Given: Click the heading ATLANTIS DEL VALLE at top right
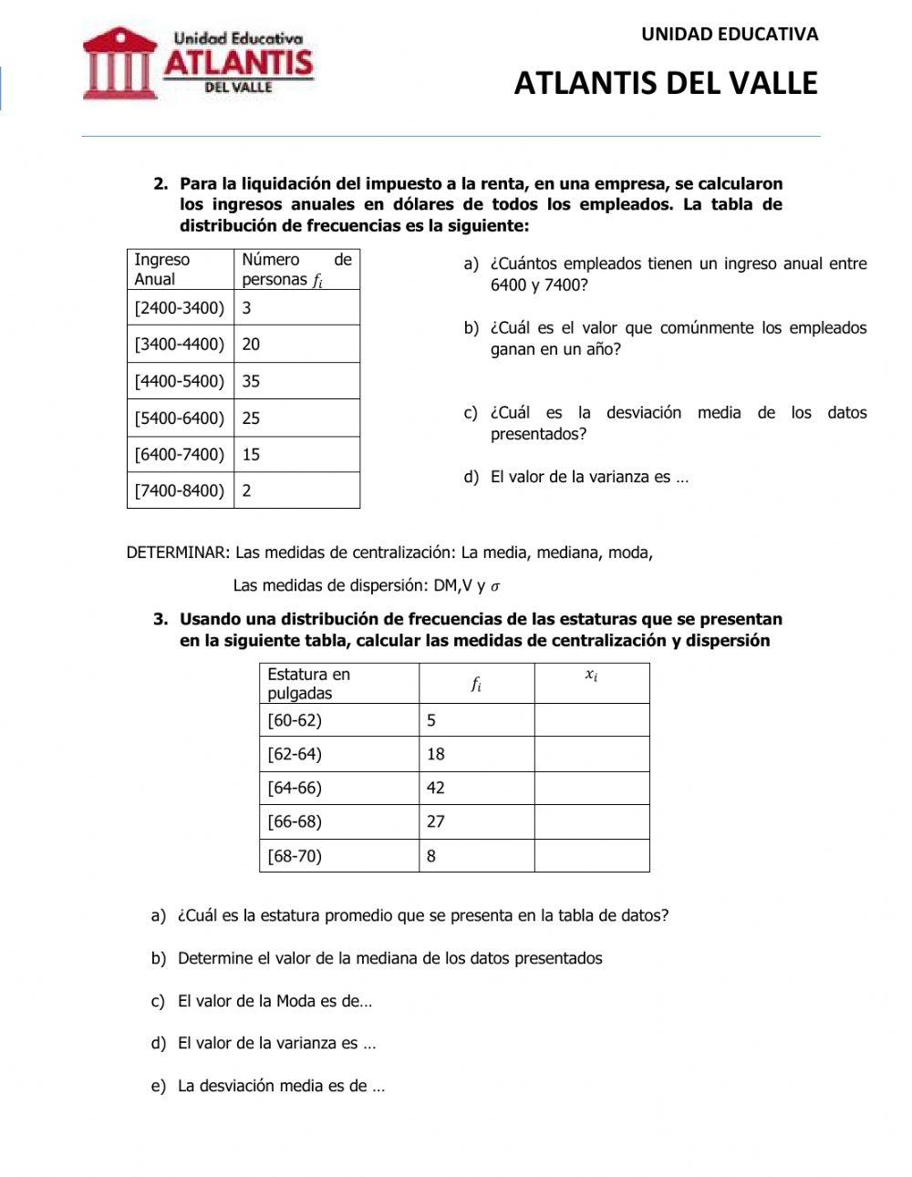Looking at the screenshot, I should point(666,83).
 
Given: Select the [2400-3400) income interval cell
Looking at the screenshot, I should point(180,308).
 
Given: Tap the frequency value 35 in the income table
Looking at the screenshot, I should point(251,381).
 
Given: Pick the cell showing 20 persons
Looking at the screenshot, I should point(251,345).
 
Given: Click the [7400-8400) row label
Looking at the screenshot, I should point(180,490).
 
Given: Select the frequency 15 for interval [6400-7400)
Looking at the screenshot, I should point(251,454).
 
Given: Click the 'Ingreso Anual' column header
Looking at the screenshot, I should point(180,270).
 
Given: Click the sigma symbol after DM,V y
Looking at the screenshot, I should point(496,586).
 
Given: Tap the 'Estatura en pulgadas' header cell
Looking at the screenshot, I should point(338,684).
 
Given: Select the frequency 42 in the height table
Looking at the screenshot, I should point(436,788).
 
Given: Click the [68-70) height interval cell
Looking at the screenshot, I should point(295,856).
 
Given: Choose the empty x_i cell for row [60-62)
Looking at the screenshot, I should point(591,720).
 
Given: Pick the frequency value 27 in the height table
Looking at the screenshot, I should point(436,821).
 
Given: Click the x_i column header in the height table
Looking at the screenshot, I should point(591,676).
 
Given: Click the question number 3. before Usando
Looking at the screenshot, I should point(161,620).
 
